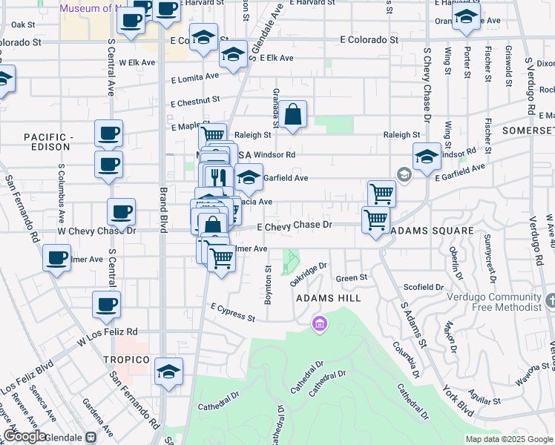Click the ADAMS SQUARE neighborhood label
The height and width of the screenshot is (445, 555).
[x=431, y=231]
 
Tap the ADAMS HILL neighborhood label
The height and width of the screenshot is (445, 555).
[x=328, y=298]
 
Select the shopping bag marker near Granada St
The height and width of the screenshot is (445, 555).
[x=292, y=115]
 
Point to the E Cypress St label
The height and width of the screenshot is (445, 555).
[x=232, y=311]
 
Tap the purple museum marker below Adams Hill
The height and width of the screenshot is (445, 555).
[x=320, y=324]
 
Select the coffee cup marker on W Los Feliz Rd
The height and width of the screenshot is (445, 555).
[x=107, y=304]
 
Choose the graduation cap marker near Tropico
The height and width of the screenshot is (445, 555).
[x=169, y=370]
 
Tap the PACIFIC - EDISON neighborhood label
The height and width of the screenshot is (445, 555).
[x=49, y=143]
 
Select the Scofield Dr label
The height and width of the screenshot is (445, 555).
[x=424, y=286]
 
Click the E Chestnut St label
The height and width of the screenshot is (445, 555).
[x=195, y=101]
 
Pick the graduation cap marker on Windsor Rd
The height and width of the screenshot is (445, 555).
[x=427, y=157]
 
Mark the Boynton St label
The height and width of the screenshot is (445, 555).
[x=269, y=286]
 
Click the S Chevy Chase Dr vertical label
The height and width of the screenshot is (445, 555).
[x=427, y=85]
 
